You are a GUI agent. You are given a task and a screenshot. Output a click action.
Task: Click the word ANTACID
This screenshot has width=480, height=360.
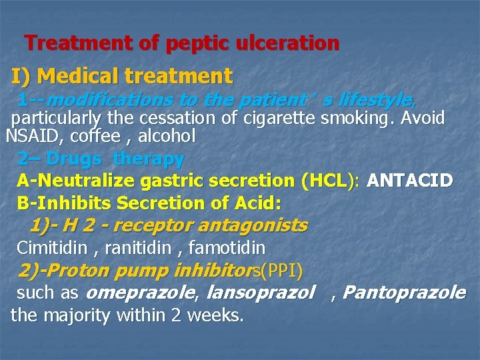coord(410,181)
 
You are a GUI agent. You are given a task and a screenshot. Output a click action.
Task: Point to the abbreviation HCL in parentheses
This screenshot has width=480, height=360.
coord(327,181)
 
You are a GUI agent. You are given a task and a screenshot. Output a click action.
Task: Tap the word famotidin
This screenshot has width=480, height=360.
coord(227,249)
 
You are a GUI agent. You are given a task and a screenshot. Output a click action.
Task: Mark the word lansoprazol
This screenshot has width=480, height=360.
coord(261,293)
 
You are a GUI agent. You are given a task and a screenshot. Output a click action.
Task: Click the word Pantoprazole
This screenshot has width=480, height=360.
coord(404,293)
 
